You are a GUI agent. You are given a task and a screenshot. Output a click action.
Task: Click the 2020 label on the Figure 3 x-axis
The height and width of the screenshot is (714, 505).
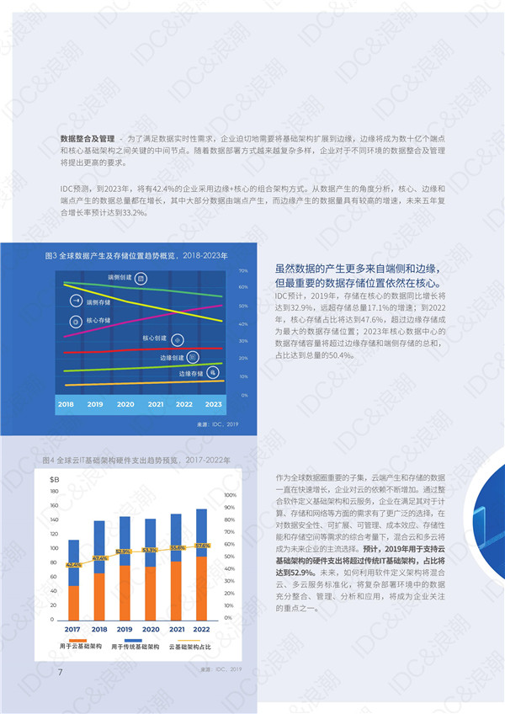[x=125, y=405]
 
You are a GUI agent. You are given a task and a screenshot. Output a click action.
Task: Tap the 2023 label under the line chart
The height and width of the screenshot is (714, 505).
[x=215, y=405]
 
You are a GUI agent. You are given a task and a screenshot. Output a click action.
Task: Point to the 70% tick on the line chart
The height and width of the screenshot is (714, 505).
[x=242, y=271]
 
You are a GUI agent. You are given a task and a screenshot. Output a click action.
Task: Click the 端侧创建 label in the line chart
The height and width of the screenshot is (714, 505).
[x=119, y=277]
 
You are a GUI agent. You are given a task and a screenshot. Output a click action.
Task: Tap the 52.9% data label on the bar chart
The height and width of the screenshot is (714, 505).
[x=125, y=551]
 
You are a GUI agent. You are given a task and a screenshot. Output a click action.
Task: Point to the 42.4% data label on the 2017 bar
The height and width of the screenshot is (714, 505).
[x=74, y=565]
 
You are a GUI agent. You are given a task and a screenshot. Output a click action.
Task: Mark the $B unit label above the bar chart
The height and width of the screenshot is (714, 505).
[x=54, y=479]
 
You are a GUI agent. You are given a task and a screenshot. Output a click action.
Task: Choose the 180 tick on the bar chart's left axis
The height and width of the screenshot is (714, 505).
[x=54, y=492]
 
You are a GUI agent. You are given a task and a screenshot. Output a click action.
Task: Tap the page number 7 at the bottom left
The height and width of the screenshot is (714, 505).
[x=60, y=671]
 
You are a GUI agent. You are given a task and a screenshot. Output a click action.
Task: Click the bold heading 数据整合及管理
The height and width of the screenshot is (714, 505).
[x=88, y=137]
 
